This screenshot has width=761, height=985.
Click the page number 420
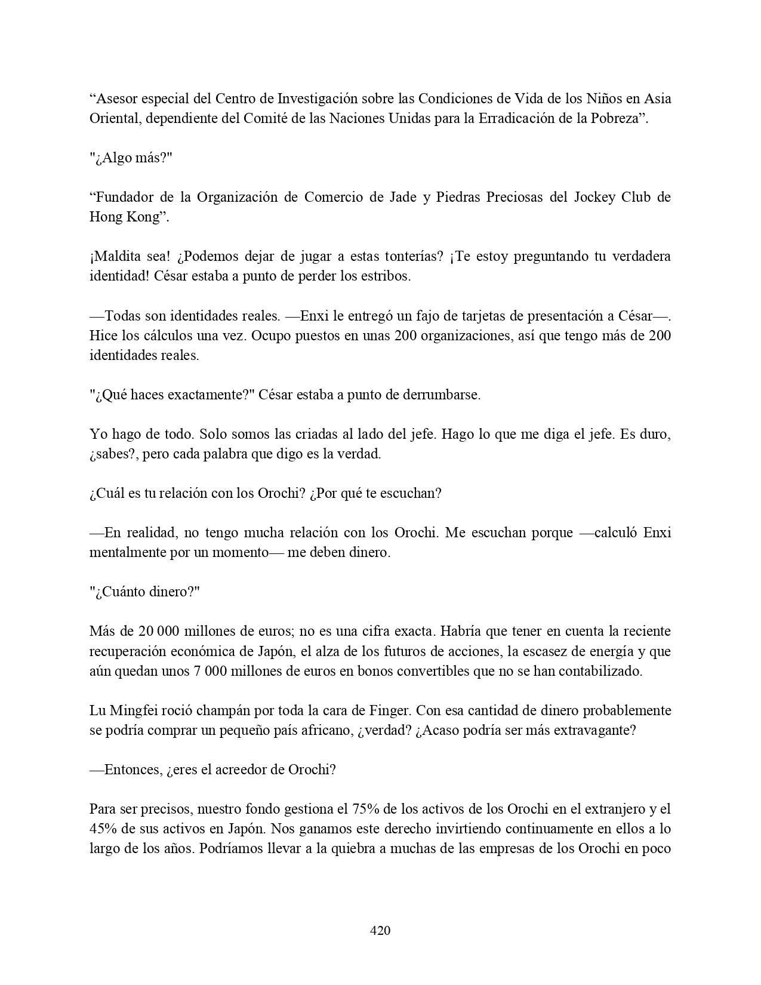coord(380,931)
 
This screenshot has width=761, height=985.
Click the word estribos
coord(385,276)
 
